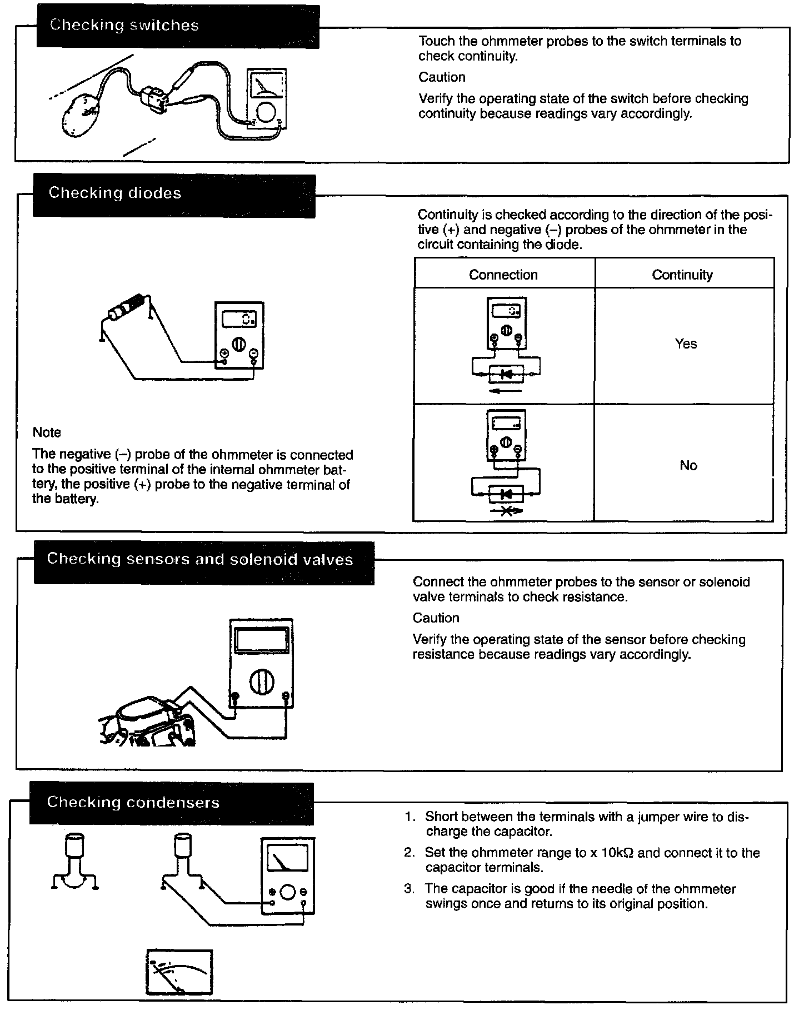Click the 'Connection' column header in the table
pyautogui.click(x=503, y=275)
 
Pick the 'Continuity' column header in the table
pyautogui.click(x=682, y=275)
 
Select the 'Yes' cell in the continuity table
pyautogui.click(x=686, y=344)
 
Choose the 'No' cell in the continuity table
pyautogui.click(x=688, y=466)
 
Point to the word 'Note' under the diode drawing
pyautogui.click(x=47, y=432)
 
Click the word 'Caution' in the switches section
pyautogui.click(x=442, y=77)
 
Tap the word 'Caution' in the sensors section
pyautogui.click(x=436, y=618)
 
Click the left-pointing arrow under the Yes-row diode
pyautogui.click(x=506, y=391)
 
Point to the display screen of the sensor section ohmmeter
pyautogui.click(x=261, y=641)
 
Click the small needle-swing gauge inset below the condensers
pyautogui.click(x=179, y=972)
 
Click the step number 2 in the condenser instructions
pyautogui.click(x=410, y=853)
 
